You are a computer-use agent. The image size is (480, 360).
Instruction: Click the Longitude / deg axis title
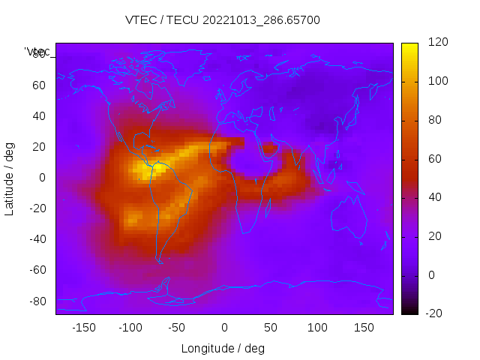[x=223, y=349]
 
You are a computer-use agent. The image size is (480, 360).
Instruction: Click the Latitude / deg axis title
[x=10, y=178]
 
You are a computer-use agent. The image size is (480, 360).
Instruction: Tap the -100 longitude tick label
[x=130, y=328]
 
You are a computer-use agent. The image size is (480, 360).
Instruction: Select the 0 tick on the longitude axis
[x=223, y=328]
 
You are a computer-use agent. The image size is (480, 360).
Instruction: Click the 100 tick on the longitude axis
[x=317, y=328]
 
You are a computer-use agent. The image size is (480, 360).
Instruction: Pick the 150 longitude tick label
[x=364, y=328]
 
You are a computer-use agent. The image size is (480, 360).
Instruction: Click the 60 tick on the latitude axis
[x=38, y=85]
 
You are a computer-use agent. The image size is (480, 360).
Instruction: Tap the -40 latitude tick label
[x=36, y=239]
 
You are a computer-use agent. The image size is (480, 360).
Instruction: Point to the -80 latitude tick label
[x=36, y=301]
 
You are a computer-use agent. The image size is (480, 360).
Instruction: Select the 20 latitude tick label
[x=38, y=147]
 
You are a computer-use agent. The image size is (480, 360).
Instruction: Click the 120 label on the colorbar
[x=437, y=42]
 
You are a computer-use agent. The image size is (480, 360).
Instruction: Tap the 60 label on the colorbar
[x=434, y=159]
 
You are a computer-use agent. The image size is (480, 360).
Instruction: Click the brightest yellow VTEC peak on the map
[x=142, y=168]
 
